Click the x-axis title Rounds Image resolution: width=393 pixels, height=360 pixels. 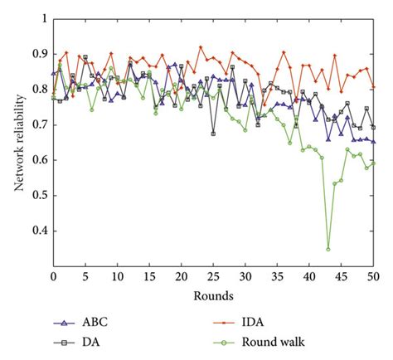(214, 296)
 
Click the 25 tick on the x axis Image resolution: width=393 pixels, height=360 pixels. (213, 275)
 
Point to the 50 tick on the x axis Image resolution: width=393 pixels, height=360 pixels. (373, 275)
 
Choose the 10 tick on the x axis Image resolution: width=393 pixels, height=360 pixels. (117, 275)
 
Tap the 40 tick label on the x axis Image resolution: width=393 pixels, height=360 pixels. (309, 275)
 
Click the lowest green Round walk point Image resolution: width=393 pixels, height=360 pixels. (328, 249)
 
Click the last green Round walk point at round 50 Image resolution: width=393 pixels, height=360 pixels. (373, 163)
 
